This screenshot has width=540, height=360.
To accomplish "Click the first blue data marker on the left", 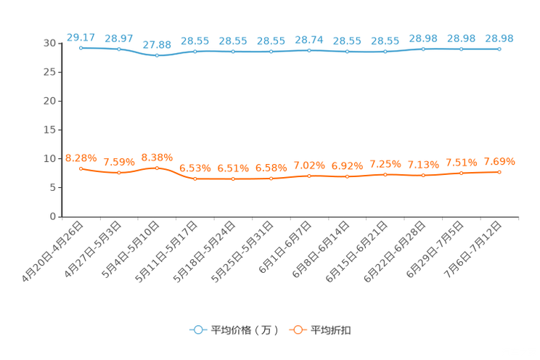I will [81, 48].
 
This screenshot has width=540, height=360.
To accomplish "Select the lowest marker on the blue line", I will [157, 56].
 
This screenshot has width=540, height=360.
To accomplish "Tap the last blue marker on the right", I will [499, 49].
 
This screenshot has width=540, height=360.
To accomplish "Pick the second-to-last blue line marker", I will [461, 49].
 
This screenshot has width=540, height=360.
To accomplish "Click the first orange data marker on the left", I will [81, 168].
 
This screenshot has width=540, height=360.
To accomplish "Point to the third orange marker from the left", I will [157, 168].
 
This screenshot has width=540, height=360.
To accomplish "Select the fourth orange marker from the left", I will [195, 178].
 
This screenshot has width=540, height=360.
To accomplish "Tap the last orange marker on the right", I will [499, 171].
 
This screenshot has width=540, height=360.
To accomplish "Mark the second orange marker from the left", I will [118, 173].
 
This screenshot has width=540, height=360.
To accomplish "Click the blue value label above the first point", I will [81, 36].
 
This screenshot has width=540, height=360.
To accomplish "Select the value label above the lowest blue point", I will [157, 44].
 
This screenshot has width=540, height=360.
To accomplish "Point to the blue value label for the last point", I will [499, 38].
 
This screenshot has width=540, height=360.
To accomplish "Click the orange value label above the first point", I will [81, 157].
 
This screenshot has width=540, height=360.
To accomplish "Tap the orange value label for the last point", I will [499, 160].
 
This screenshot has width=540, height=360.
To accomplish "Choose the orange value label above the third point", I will [157, 157].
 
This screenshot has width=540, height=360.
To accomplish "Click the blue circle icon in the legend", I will [197, 330].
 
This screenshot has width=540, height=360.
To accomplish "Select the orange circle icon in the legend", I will [296, 330].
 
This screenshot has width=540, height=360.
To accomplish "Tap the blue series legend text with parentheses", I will [245, 330].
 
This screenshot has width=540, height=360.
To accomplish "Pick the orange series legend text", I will [332, 330].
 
